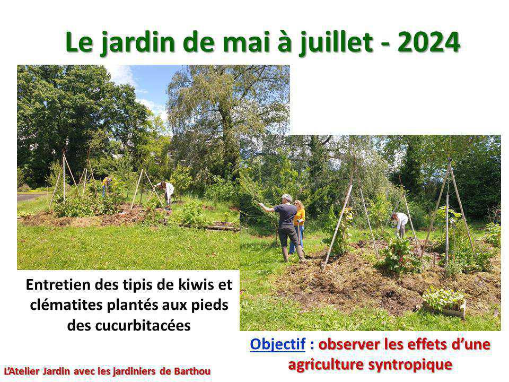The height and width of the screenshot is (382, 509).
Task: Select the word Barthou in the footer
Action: (x=192, y=371)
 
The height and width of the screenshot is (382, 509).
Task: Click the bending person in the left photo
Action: (x=167, y=192)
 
